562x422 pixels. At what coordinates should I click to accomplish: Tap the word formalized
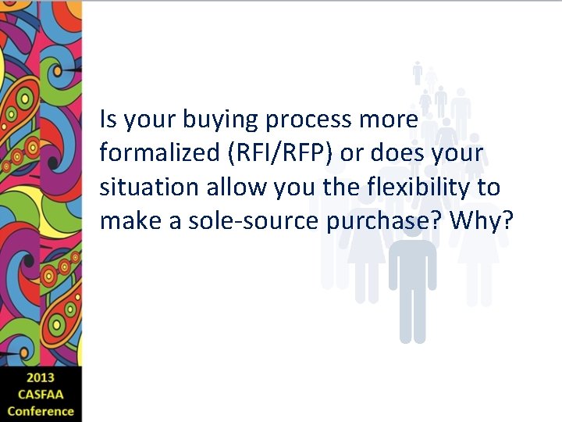click(160, 154)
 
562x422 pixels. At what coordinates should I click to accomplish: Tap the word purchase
click(377, 221)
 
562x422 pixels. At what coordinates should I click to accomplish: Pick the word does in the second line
click(395, 154)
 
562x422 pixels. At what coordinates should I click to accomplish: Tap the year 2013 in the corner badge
click(40, 378)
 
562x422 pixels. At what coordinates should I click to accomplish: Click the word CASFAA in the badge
click(40, 395)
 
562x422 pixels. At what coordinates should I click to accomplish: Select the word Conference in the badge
click(40, 411)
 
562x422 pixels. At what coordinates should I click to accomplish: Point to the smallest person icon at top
click(418, 73)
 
